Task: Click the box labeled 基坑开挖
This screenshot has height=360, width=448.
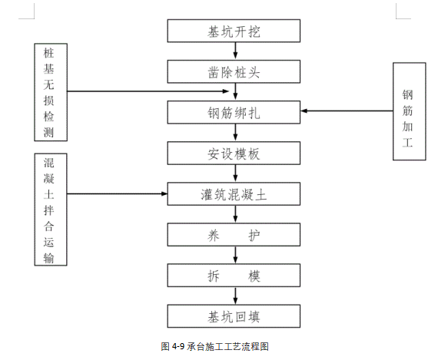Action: click(x=234, y=31)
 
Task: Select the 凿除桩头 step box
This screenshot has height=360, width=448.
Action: click(x=234, y=72)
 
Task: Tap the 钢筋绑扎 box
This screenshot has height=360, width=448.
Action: click(x=234, y=113)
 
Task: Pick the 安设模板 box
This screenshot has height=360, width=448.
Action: click(x=234, y=154)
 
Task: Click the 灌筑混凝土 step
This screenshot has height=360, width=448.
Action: click(x=234, y=194)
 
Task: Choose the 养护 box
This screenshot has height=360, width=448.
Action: click(x=234, y=235)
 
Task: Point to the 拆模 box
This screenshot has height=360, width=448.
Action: click(x=234, y=276)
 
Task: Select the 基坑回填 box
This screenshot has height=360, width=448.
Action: click(x=234, y=315)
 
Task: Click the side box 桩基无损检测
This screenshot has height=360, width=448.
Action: click(x=49, y=92)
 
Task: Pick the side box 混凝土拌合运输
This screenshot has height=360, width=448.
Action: click(x=49, y=210)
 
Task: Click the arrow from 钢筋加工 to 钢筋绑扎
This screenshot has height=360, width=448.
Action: click(x=346, y=112)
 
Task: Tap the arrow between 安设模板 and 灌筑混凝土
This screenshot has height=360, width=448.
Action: click(x=234, y=173)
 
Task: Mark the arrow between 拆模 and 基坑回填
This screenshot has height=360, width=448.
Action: click(x=234, y=296)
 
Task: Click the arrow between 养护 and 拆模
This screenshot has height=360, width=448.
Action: click(x=234, y=255)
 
